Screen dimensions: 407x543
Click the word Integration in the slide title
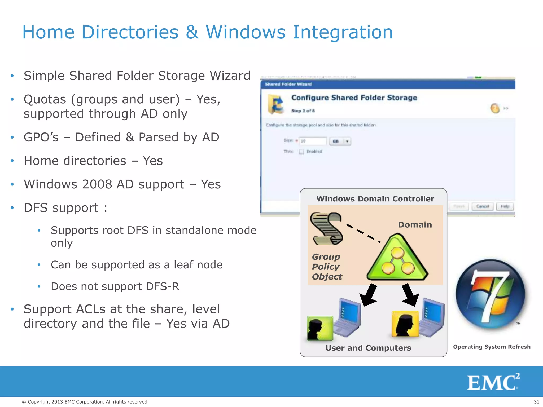click(343, 32)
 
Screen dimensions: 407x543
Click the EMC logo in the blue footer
click(493, 382)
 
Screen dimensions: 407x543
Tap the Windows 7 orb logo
click(490, 294)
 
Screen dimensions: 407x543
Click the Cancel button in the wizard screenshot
click(482, 206)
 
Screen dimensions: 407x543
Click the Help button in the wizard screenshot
click(505, 206)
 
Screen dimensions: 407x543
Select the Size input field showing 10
click(312, 141)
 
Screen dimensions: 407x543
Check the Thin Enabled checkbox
click(301, 152)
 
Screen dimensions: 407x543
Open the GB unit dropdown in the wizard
click(340, 141)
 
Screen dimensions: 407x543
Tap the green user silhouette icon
click(319, 328)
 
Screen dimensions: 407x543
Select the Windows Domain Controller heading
click(375, 199)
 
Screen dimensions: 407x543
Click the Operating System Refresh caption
click(492, 347)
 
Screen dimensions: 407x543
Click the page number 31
click(536, 402)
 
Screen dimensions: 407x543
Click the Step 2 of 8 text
click(303, 111)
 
